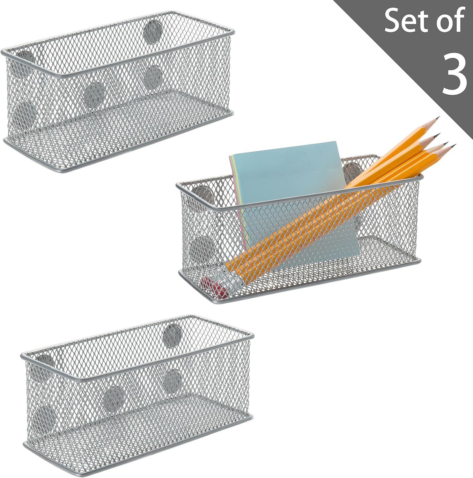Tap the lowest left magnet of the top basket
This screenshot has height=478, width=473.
(25, 114)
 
